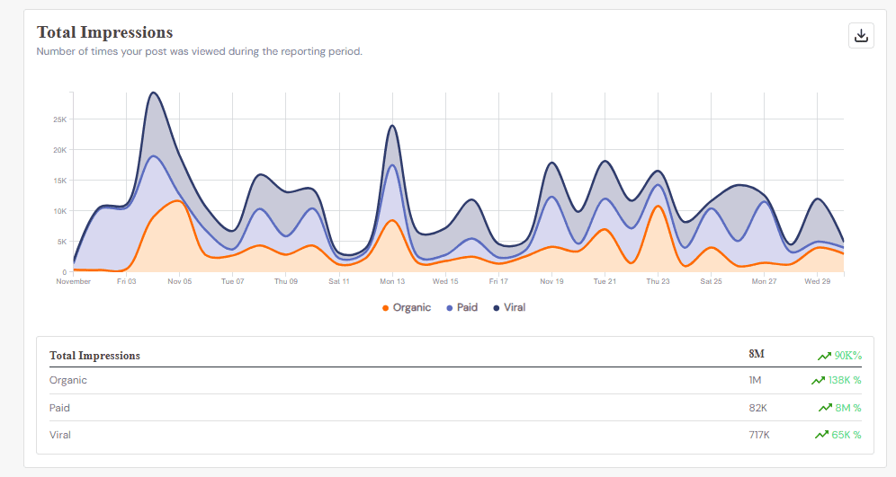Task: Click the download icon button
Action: [861, 35]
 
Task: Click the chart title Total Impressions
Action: [104, 32]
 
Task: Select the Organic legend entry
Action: [407, 307]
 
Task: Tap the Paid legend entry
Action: [462, 307]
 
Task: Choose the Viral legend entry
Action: [509, 307]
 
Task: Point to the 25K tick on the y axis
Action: [59, 119]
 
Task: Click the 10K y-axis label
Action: [59, 211]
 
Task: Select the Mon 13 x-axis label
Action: [392, 281]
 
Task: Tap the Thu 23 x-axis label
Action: [658, 281]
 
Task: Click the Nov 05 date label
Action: [179, 281]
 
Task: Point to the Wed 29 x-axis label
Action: [817, 281]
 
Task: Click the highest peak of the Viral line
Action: [153, 93]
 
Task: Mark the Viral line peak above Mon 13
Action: [392, 126]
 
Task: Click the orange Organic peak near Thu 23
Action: [658, 207]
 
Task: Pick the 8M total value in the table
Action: [757, 355]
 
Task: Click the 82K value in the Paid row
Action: [757, 408]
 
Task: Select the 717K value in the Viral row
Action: [758, 435]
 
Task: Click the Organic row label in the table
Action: [68, 380]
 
